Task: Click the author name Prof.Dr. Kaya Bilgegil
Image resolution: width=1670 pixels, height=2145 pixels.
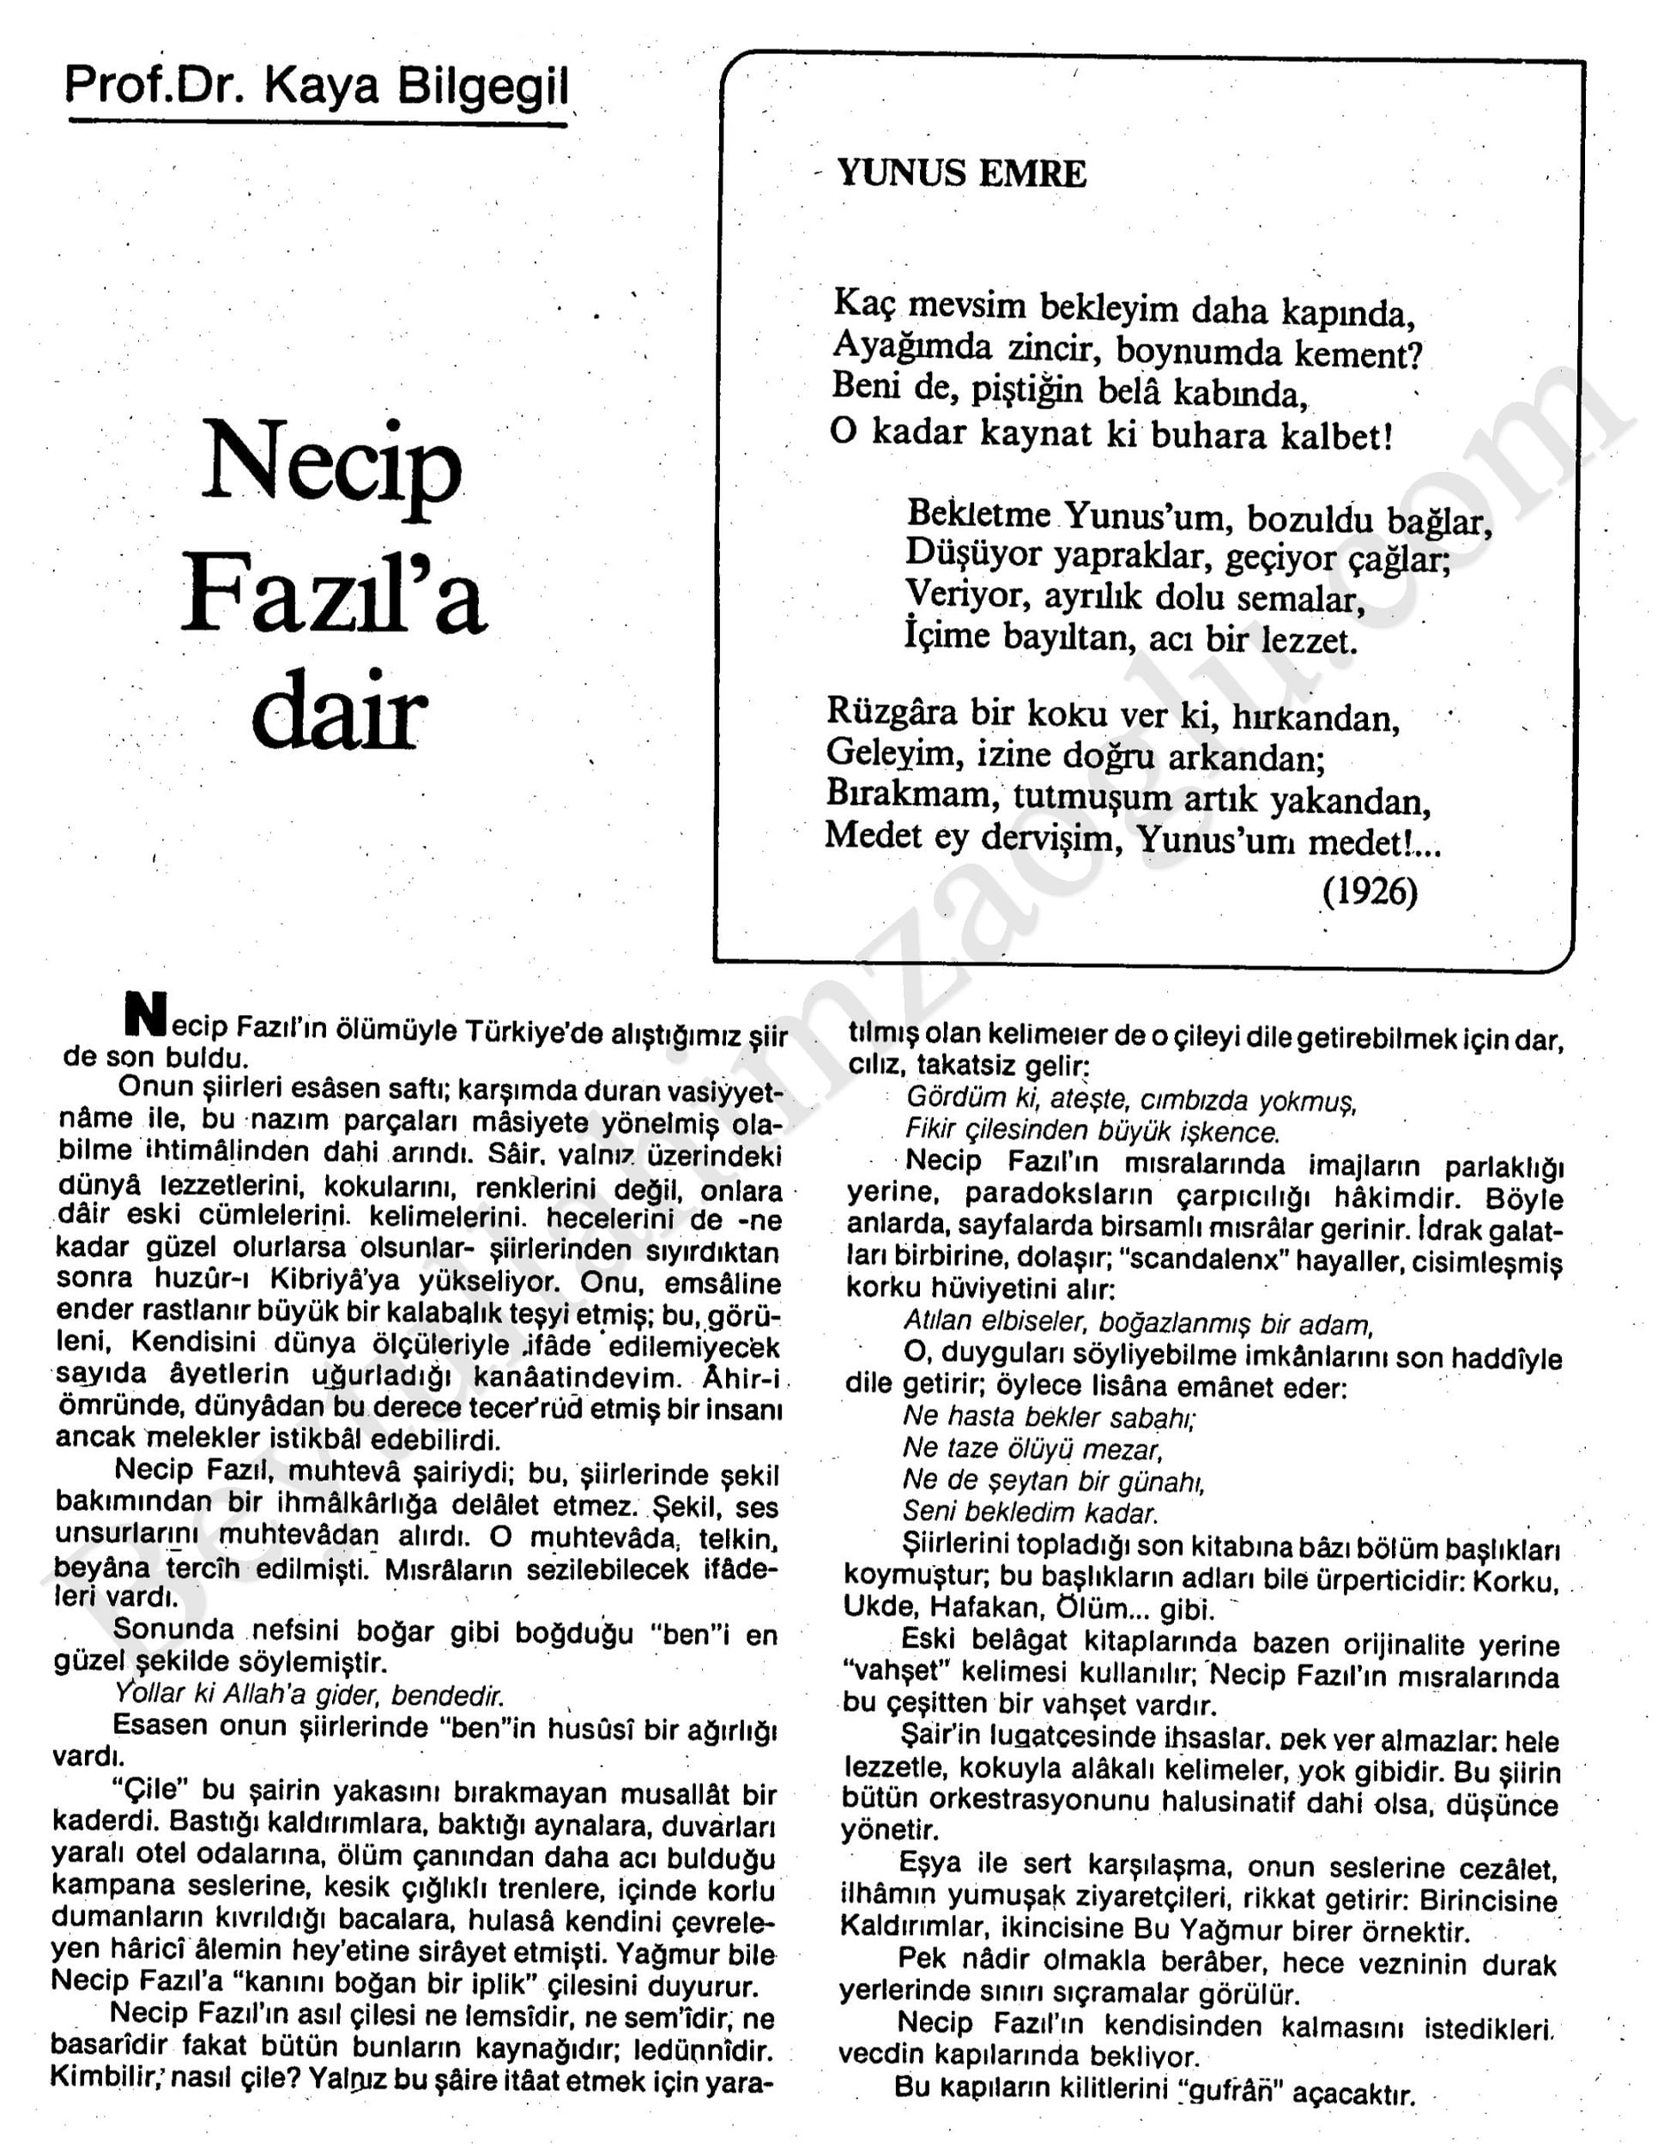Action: pos(317,87)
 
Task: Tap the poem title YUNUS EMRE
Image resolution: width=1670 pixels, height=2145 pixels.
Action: pos(961,174)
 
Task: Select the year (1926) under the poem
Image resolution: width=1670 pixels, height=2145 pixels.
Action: pos(1370,891)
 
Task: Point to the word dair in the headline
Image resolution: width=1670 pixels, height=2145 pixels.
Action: pos(339,712)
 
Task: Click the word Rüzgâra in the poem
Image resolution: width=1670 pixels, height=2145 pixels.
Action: pos(891,711)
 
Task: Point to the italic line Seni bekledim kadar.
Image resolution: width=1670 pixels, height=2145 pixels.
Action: pos(1031,1512)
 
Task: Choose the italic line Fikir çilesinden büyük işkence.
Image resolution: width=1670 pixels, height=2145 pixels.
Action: pos(1092,1132)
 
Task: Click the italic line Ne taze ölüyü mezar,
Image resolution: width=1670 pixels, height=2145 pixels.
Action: pos(1032,1448)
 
